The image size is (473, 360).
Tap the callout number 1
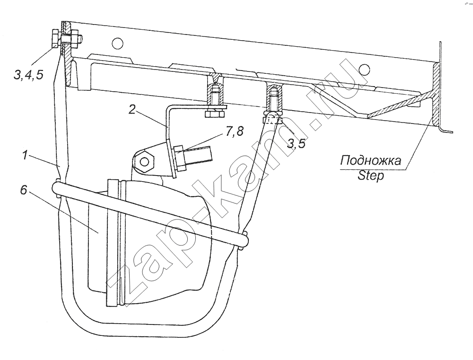[26, 156]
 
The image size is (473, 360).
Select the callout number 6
[24, 191]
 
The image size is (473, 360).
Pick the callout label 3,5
[296, 143]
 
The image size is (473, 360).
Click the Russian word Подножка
[371, 160]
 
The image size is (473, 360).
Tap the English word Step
[371, 176]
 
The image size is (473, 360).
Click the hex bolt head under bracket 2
[215, 114]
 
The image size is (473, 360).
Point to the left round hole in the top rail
[117, 43]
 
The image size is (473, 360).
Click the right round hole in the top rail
[364, 70]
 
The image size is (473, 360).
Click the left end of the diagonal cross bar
[57, 189]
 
